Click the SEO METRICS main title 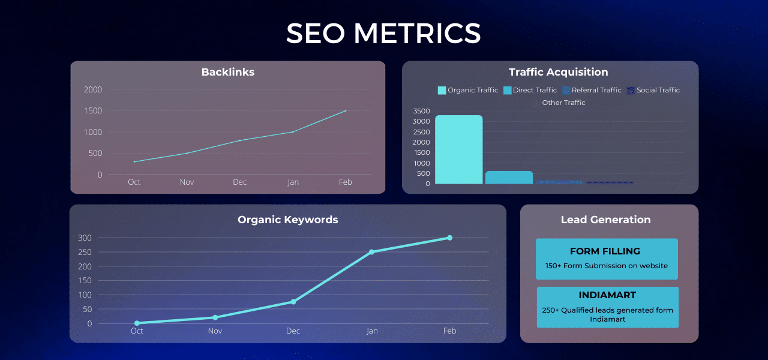coord(383,34)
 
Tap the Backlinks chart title coord(227,72)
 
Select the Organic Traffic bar coord(458,149)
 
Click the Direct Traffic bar coord(509,178)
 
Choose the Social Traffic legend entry coord(653,90)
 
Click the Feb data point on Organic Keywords coord(449,238)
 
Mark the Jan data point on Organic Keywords coord(371,252)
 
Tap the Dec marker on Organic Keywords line coord(293,302)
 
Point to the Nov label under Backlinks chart coord(187,182)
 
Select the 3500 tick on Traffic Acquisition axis coord(422,111)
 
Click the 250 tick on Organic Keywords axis coord(85,252)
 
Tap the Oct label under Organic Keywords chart coord(137,331)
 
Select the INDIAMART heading coord(607,296)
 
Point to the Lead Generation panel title coord(605,220)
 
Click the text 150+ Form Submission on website coord(607,266)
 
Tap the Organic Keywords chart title coord(287,220)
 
